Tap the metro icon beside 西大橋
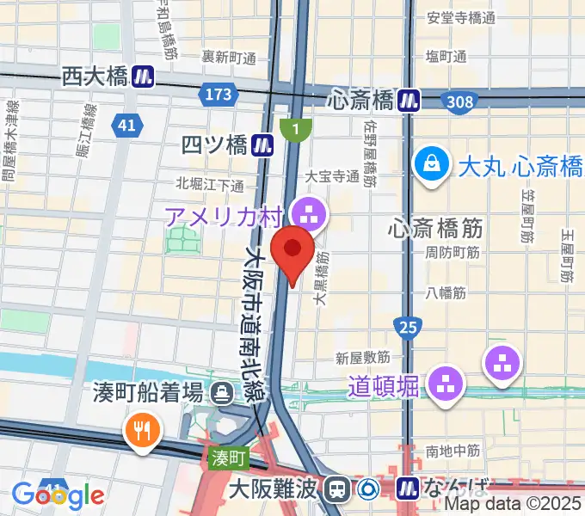[143, 77]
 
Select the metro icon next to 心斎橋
[409, 101]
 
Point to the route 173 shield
[219, 94]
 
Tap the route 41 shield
[126, 126]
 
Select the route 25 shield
[409, 326]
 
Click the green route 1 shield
[296, 130]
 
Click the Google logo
[58, 495]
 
